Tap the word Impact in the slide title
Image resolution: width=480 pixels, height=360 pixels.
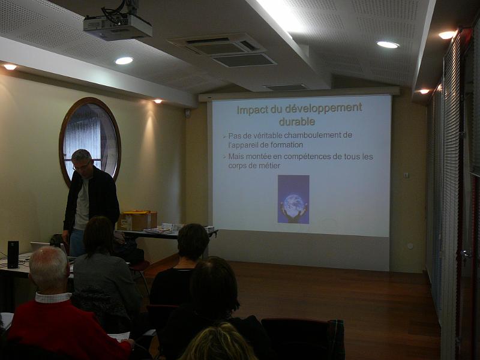coord(252,110)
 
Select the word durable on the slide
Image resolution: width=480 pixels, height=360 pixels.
coord(297,122)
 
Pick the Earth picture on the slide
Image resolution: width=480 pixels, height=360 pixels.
coord(293,199)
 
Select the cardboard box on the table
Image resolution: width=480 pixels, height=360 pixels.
coord(137,220)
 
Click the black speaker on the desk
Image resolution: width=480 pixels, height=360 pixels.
coord(13,254)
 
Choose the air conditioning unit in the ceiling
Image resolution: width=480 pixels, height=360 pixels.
coord(223,50)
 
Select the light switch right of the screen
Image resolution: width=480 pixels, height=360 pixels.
coord(406,175)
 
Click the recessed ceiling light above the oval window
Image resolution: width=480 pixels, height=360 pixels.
coord(124,61)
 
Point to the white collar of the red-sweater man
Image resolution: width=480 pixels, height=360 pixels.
coord(53,298)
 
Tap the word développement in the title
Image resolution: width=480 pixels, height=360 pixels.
coord(323,108)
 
